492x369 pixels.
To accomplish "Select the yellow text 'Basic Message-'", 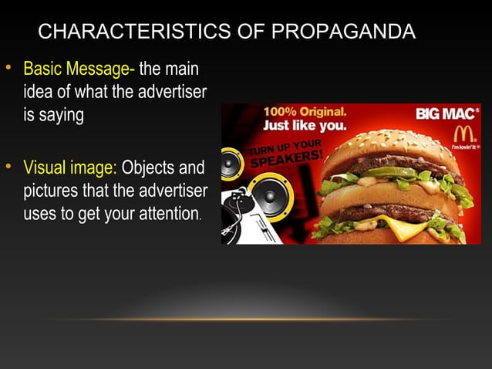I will point(79,70).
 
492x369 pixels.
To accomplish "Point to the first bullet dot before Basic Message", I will point(10,69).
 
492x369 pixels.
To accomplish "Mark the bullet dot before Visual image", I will point(10,166).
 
